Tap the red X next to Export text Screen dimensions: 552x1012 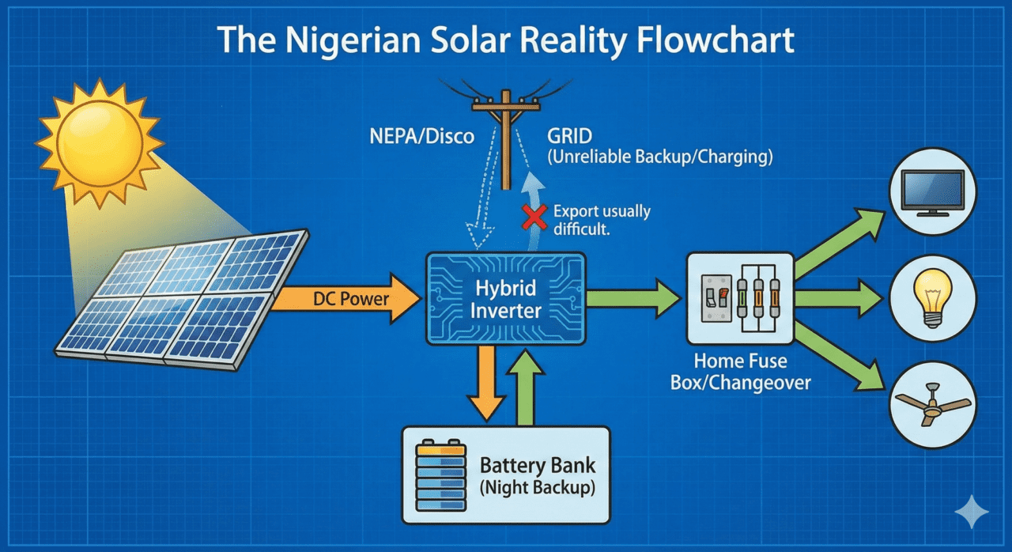pos(535,217)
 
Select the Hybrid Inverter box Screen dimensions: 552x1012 pos(506,298)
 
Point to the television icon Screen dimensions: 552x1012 pos(933,193)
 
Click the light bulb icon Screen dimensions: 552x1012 pos(933,297)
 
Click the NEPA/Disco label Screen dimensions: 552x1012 pos(422,136)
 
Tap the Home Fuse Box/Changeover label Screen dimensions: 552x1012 pos(741,372)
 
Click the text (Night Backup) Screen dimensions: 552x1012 pos(537,487)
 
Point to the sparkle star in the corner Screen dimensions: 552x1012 pos(971,512)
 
